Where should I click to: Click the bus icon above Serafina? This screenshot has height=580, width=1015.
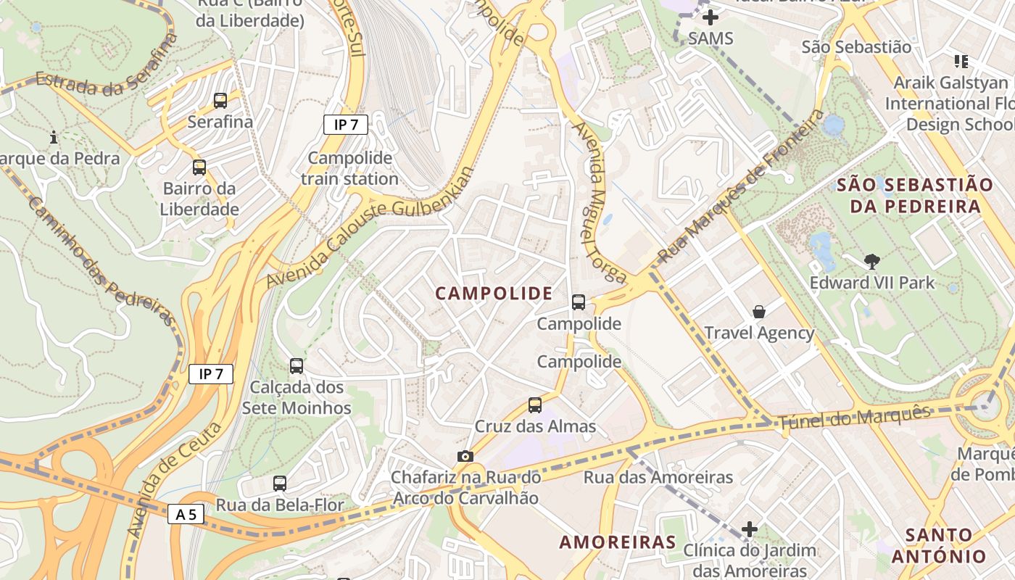pyautogui.click(x=220, y=101)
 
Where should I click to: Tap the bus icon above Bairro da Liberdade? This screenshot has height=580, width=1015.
pyautogui.click(x=199, y=167)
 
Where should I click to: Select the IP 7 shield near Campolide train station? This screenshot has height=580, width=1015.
pyautogui.click(x=346, y=125)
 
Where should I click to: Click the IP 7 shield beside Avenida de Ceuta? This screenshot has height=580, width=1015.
pyautogui.click(x=211, y=374)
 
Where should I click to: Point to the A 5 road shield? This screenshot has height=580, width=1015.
pyautogui.click(x=186, y=514)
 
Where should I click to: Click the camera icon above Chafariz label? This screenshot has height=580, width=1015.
pyautogui.click(x=465, y=456)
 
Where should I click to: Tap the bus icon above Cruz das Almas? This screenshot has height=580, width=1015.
pyautogui.click(x=535, y=405)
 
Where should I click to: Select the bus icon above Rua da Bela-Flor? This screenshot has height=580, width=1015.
pyautogui.click(x=280, y=483)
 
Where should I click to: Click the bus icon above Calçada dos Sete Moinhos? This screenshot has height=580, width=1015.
pyautogui.click(x=296, y=366)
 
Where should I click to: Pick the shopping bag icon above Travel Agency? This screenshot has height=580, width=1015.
pyautogui.click(x=759, y=312)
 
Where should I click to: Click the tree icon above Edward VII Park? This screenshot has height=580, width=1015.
pyautogui.click(x=872, y=261)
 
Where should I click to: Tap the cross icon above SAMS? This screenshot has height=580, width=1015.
pyautogui.click(x=710, y=17)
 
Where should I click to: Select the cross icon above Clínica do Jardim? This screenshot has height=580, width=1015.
pyautogui.click(x=750, y=529)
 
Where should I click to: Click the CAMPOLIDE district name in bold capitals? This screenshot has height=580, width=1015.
pyautogui.click(x=494, y=294)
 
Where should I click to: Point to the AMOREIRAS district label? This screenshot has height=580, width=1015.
pyautogui.click(x=618, y=542)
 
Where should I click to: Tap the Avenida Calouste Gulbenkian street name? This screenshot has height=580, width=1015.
pyautogui.click(x=370, y=227)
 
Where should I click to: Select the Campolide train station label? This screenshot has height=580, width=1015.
pyautogui.click(x=349, y=168)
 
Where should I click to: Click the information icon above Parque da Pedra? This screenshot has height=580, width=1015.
pyautogui.click(x=54, y=136)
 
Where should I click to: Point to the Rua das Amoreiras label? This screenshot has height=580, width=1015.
pyautogui.click(x=658, y=477)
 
